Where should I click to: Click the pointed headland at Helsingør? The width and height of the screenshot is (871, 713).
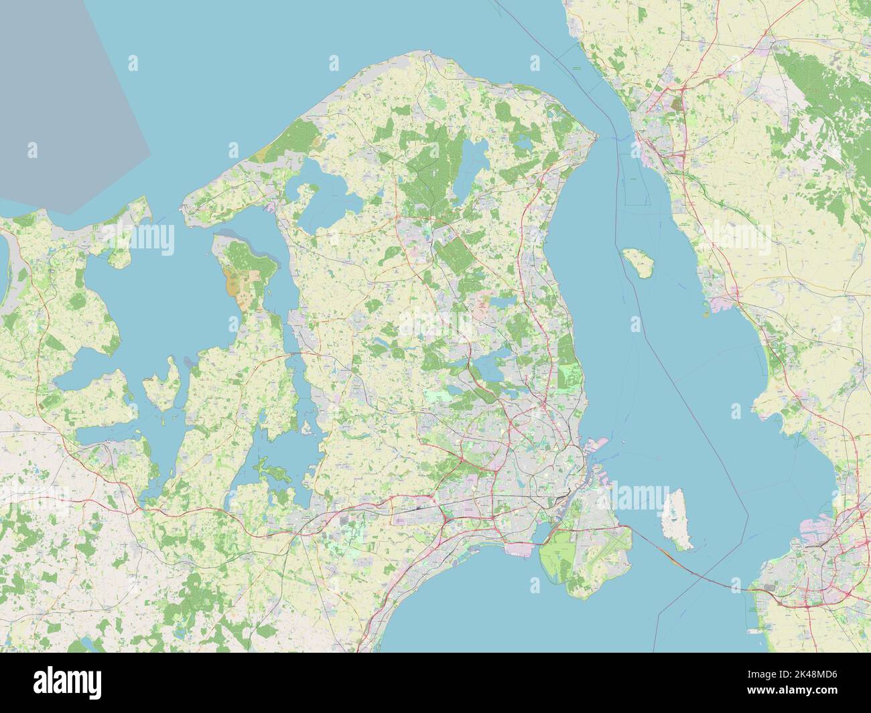tap(595, 137)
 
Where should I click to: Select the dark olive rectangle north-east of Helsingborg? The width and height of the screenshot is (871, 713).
tap(675, 104)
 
